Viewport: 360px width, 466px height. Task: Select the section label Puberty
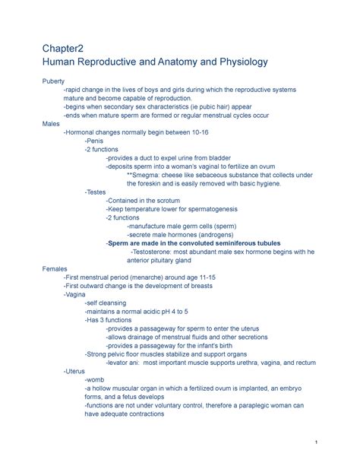coord(53,81)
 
